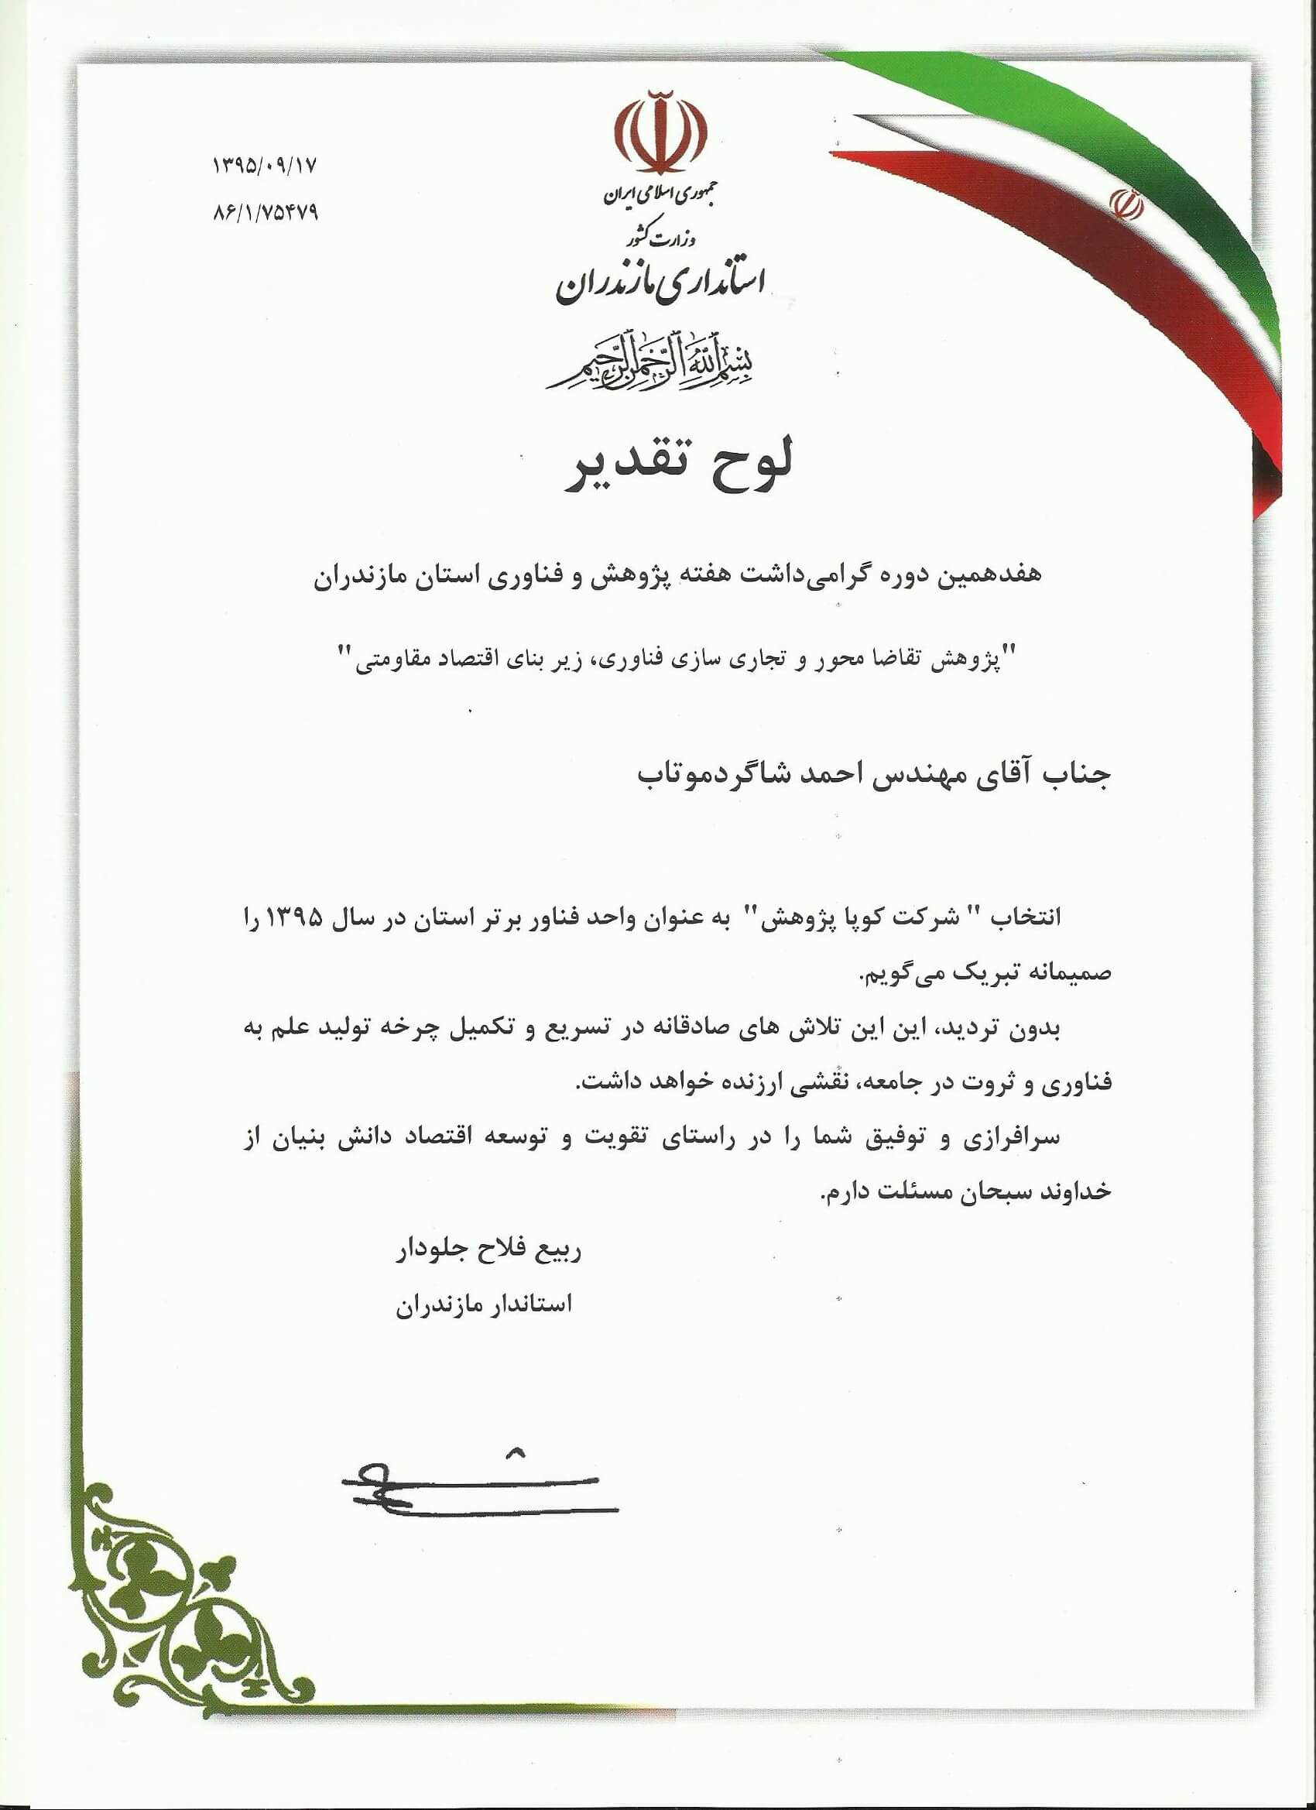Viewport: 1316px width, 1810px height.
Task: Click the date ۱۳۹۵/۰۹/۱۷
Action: pos(265,166)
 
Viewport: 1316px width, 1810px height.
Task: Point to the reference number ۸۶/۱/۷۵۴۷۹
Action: pos(266,213)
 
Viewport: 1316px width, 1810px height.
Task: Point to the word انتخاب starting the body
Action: pos(1026,917)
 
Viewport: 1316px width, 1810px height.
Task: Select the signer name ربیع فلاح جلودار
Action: pos(488,1250)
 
